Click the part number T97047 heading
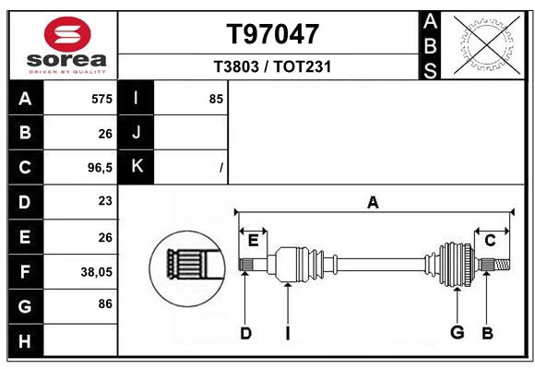(272, 34)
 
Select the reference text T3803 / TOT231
(272, 67)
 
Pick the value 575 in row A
(101, 99)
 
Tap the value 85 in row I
(216, 99)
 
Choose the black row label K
(137, 166)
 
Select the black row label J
(137, 132)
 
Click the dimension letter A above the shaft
(373, 202)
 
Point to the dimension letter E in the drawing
(253, 241)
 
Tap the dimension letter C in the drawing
(490, 241)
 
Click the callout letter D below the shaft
(245, 333)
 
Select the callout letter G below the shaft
(457, 333)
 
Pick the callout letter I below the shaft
(288, 333)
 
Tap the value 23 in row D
(104, 200)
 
